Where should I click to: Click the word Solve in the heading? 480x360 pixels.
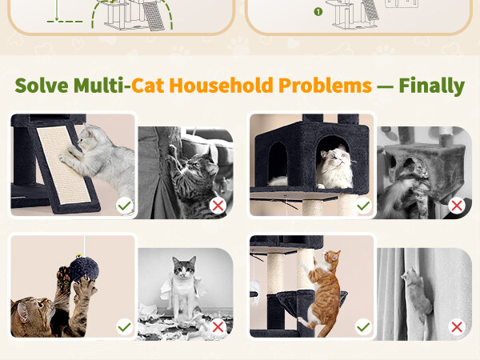42,86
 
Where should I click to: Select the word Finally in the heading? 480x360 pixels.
432,86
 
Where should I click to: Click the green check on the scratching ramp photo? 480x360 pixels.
125,206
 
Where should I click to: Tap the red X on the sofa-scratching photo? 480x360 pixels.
218,206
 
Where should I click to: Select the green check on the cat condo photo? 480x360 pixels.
363,206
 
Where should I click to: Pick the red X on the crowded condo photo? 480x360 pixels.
457,206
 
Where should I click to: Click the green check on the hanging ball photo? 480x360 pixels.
125,327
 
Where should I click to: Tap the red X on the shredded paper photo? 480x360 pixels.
218,327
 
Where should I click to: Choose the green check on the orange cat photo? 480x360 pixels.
363,327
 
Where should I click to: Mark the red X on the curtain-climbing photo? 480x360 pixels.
457,327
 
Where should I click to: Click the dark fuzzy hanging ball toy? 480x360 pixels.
84,270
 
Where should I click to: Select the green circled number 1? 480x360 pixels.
318,12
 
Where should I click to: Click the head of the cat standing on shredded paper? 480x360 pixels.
184,267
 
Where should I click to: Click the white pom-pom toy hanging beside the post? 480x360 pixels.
255,286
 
